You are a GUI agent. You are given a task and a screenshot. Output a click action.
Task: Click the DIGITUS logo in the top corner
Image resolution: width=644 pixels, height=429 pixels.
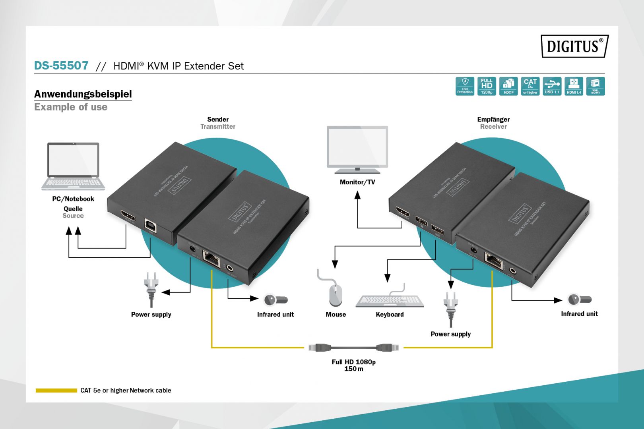pos(574,46)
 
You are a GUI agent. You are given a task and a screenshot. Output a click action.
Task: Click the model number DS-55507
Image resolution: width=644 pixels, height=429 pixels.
pos(61,66)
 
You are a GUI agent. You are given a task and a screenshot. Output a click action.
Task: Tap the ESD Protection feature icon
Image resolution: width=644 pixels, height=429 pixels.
pos(465,86)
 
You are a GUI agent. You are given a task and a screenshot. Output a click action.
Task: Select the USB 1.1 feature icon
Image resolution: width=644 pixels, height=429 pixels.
pos(552,86)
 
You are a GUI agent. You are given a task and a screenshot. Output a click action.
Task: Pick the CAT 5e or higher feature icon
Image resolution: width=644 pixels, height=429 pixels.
pos(530,86)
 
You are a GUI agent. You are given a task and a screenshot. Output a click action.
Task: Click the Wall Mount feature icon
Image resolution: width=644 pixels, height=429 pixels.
pos(595,86)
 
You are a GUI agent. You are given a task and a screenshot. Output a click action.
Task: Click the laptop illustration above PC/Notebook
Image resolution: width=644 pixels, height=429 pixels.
pos(73,166)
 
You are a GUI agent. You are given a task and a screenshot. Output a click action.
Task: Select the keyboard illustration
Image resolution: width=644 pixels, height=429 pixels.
pos(390,301)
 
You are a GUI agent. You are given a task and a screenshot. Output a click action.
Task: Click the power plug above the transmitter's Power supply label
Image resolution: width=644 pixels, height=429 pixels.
pos(151,288)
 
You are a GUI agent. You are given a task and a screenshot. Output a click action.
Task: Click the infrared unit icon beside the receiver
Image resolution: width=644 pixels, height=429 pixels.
pos(579,299)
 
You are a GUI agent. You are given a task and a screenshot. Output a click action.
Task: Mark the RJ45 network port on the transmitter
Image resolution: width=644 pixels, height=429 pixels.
pos(211,259)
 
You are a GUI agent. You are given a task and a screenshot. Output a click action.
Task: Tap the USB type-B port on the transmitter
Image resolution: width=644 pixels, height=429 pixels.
pos(151,225)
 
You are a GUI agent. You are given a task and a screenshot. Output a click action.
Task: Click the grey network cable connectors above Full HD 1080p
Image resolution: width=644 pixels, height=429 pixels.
pos(354,348)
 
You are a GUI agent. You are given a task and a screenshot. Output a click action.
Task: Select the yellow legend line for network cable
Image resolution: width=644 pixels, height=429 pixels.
pos(56,390)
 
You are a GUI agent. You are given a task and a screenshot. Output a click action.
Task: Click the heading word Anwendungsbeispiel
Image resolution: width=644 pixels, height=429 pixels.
pos(83,94)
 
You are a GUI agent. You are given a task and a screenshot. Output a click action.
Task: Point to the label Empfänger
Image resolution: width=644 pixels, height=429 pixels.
pos(493,119)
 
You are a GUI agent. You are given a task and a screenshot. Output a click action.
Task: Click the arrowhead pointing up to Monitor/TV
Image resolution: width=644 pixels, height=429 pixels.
pos(357,195)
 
